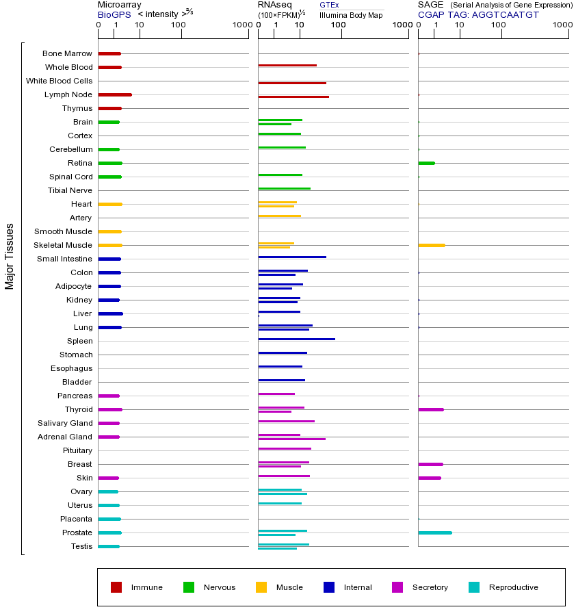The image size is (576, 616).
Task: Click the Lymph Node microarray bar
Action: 115,94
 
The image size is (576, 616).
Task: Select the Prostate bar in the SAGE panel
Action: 434,532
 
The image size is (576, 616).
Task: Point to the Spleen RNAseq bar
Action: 296,339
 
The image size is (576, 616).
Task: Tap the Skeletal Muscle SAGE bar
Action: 431,245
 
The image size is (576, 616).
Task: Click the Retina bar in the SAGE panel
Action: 426,163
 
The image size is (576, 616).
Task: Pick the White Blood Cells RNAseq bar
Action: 292,83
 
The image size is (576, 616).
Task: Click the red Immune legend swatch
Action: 116,587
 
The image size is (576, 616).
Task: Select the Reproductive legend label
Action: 513,587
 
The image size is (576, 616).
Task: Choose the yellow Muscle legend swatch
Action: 261,587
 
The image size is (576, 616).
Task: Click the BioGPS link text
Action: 114,14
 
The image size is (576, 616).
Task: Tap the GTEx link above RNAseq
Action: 329,5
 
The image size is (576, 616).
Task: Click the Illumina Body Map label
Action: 351,14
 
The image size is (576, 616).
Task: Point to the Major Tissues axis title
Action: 10,256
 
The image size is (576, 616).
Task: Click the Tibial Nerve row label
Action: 70,190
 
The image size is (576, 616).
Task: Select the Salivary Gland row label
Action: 65,423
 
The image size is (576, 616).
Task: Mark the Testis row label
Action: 81,546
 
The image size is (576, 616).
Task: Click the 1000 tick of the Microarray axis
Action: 241,25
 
